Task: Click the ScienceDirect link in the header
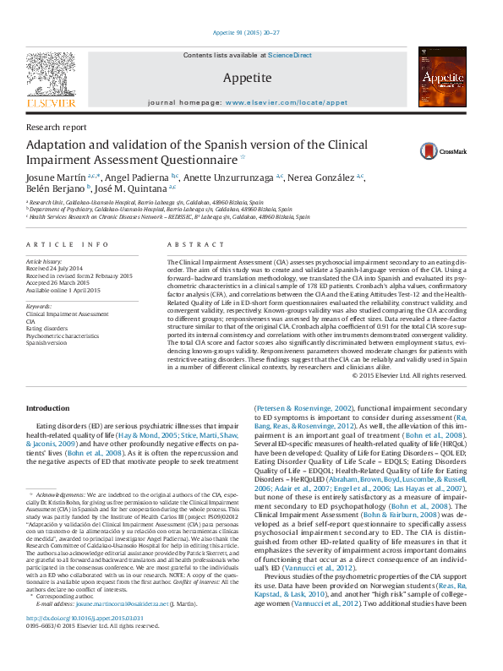(x=290, y=55)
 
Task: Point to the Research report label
(x=56, y=127)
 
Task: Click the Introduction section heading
(x=48, y=408)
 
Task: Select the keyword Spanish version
(x=45, y=344)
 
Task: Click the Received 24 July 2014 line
(x=56, y=270)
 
